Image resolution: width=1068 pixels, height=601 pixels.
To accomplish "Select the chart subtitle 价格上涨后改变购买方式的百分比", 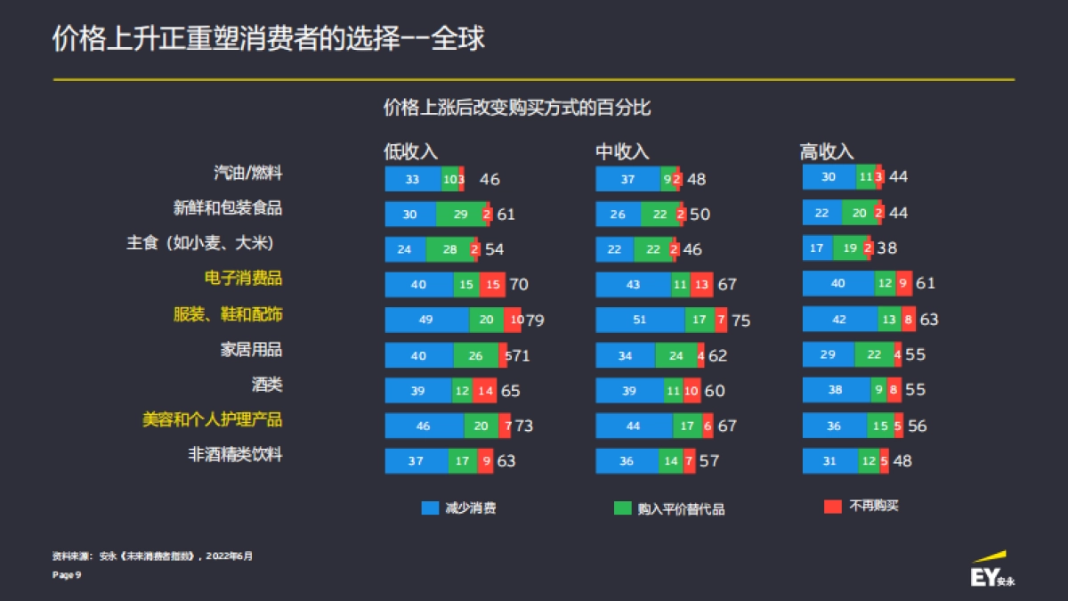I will (x=517, y=109).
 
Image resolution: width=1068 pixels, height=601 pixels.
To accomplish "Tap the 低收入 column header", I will (x=410, y=152).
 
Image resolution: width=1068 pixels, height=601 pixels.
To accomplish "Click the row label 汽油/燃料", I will (x=248, y=173).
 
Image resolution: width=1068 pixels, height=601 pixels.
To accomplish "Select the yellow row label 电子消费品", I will (x=243, y=279).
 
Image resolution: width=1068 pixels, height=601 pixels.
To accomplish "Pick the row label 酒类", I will (x=267, y=385).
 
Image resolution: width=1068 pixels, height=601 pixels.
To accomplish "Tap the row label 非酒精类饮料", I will (x=235, y=455).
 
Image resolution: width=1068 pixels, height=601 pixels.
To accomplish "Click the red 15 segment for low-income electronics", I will (x=491, y=285).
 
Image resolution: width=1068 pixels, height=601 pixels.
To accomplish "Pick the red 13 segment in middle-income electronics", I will (x=701, y=285).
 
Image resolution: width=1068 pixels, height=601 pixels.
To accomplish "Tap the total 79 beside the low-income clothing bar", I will (x=534, y=321).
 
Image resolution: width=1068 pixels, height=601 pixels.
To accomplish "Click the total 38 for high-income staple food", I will (x=886, y=248).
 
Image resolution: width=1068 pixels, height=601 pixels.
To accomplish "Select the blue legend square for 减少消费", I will (x=431, y=508).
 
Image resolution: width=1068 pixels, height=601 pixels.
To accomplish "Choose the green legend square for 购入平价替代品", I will (x=622, y=508).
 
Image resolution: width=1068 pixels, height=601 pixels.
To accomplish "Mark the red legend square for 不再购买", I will (x=833, y=507).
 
